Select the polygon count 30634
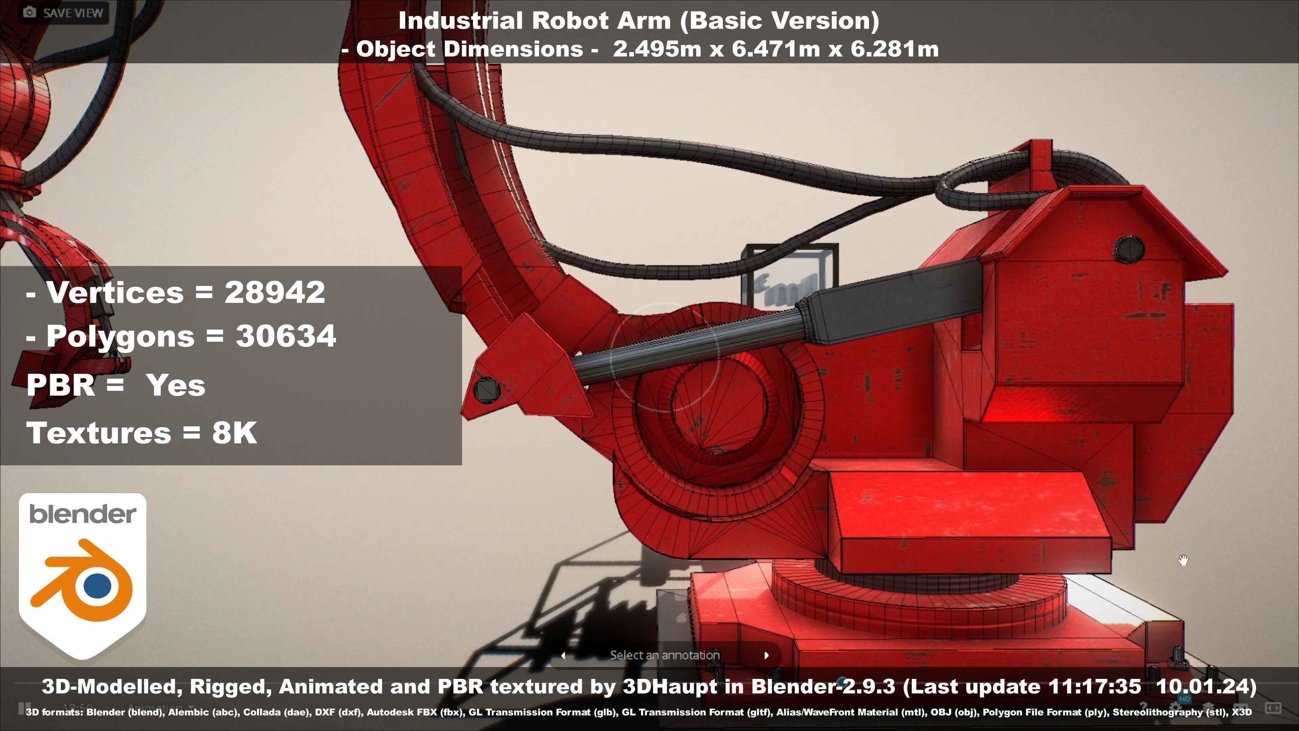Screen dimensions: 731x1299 pyautogui.click(x=286, y=336)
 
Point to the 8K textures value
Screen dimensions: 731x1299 pyautogui.click(x=234, y=433)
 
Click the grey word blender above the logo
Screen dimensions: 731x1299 pyautogui.click(x=82, y=514)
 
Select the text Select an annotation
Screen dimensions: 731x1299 pyautogui.click(x=665, y=655)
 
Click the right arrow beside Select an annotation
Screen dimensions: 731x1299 pyautogui.click(x=767, y=655)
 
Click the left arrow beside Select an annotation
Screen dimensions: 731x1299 pyautogui.click(x=563, y=655)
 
